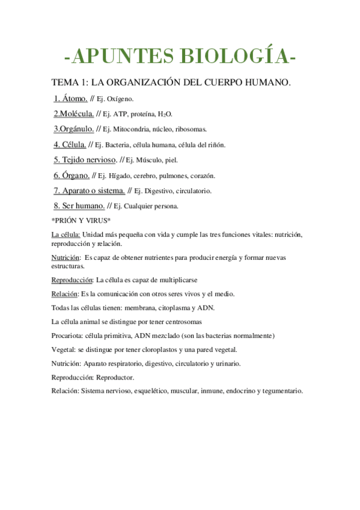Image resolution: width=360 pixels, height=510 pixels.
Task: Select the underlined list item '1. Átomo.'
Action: tap(71, 98)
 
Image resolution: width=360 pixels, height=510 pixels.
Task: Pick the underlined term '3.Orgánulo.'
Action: tap(73, 129)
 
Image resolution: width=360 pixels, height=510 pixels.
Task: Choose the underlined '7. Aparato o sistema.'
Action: tap(90, 191)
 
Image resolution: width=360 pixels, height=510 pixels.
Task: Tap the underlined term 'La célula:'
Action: tap(66, 234)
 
